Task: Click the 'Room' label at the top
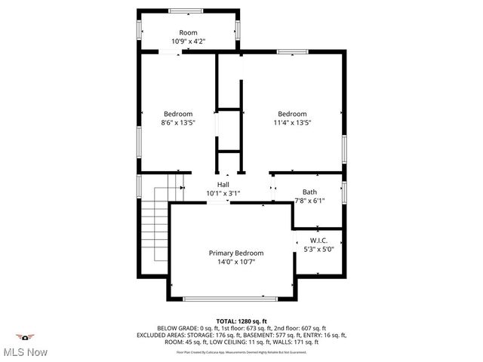(x=188, y=32)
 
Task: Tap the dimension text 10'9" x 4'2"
(x=188, y=41)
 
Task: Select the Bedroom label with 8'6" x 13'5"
(x=178, y=114)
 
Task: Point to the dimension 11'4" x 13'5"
(x=291, y=122)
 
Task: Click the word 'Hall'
(x=223, y=185)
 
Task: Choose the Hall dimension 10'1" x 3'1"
(x=223, y=193)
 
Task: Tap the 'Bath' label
(x=309, y=192)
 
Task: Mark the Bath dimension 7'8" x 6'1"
(x=309, y=201)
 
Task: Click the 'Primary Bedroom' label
(x=236, y=253)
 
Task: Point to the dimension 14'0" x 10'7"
(x=236, y=262)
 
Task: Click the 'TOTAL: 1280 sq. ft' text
(x=241, y=321)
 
